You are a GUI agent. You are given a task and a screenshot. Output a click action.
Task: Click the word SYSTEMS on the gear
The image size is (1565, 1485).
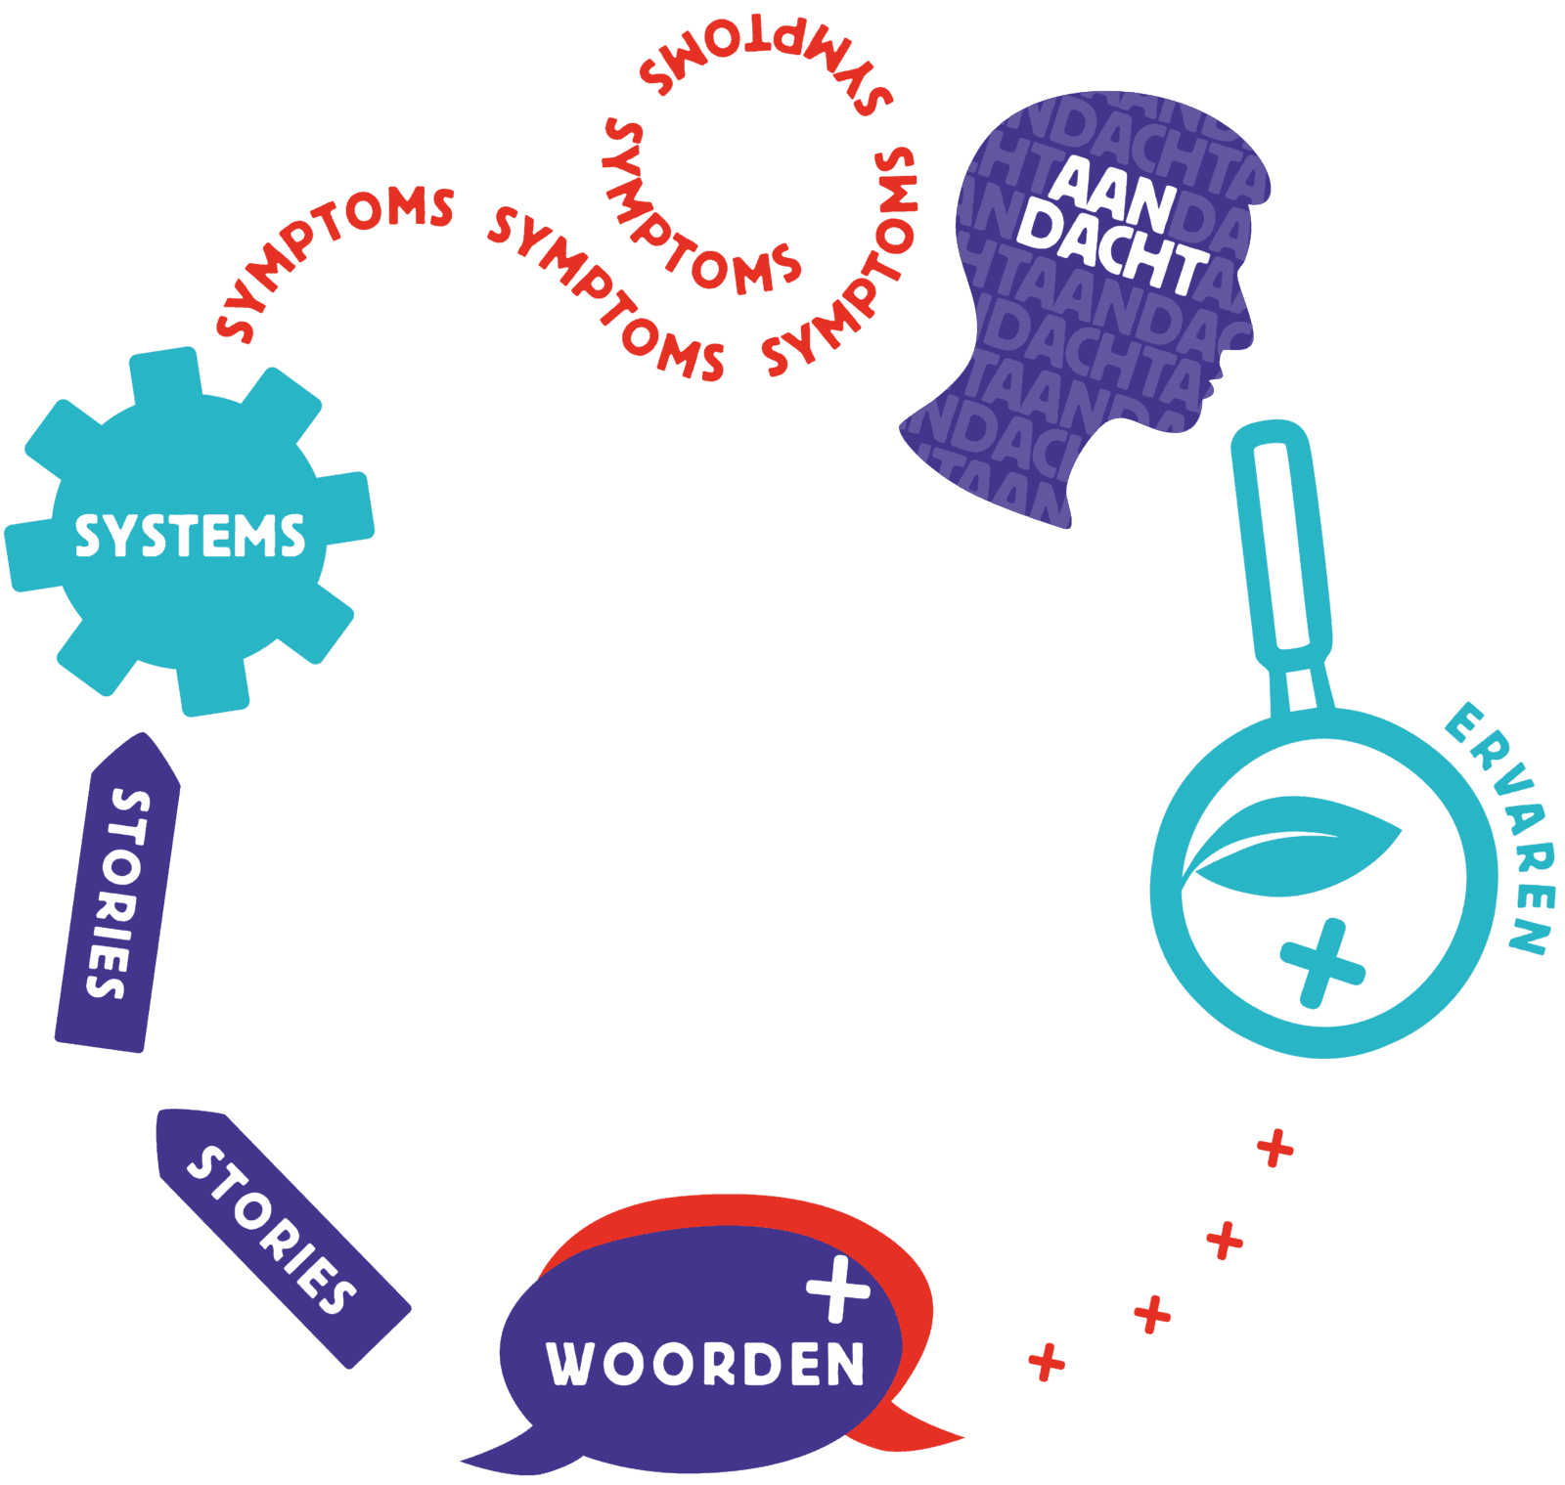click(x=190, y=536)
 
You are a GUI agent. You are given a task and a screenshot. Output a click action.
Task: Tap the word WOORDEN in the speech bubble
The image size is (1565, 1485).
click(x=705, y=1363)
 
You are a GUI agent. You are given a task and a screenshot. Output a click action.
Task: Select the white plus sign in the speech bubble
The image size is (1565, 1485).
click(x=838, y=1288)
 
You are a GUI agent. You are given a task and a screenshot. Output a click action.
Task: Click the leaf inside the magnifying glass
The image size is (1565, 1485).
click(x=1291, y=846)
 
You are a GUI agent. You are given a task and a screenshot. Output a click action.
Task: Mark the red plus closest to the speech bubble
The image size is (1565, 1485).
click(x=1046, y=1361)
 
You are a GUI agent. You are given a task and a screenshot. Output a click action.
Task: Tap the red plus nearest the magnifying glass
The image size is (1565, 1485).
click(x=1274, y=1148)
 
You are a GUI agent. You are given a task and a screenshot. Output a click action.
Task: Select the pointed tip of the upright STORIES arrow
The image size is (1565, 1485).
click(x=147, y=739)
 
